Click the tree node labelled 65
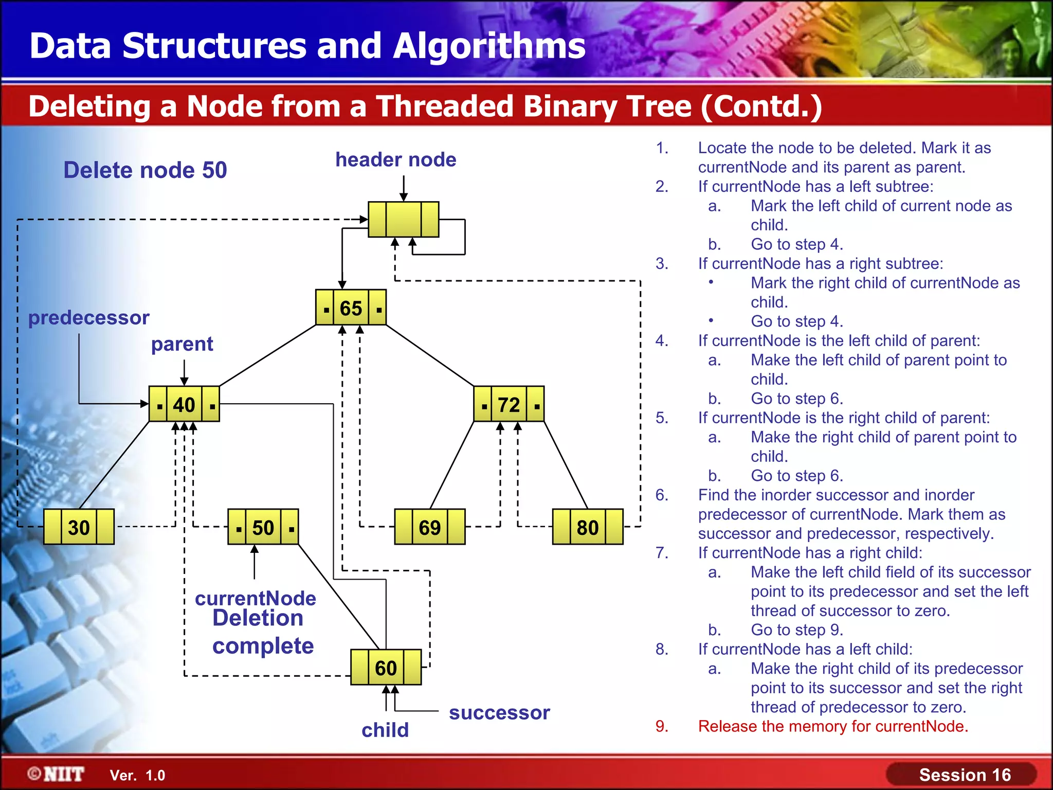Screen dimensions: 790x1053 351,308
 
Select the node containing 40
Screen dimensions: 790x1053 184,404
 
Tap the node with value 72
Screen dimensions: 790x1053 509,404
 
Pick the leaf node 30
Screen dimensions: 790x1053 79,527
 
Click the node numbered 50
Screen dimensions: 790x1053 263,527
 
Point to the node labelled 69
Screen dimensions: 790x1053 429,527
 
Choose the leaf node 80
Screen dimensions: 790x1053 587,527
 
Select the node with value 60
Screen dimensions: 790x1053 386,668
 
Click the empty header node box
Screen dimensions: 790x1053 404,220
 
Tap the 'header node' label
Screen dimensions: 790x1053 395,160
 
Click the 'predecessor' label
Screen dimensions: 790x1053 88,318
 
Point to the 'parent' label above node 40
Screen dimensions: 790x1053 182,344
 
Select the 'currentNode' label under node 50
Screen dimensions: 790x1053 256,598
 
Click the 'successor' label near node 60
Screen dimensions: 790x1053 499,713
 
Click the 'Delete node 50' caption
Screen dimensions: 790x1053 145,170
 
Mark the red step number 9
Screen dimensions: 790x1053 662,726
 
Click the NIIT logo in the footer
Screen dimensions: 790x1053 56,774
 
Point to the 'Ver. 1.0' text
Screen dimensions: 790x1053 138,776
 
